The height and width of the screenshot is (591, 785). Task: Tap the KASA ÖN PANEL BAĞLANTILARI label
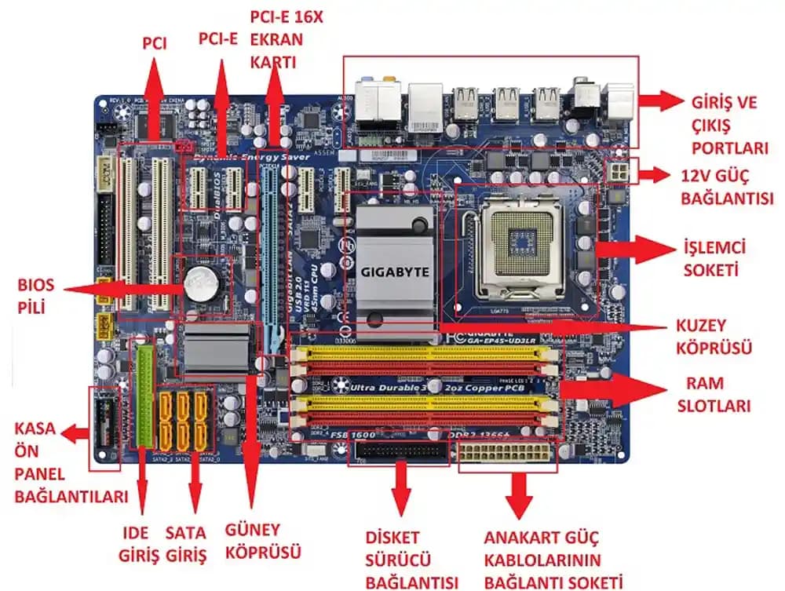point(71,463)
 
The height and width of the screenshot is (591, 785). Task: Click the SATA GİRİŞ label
point(186,545)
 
